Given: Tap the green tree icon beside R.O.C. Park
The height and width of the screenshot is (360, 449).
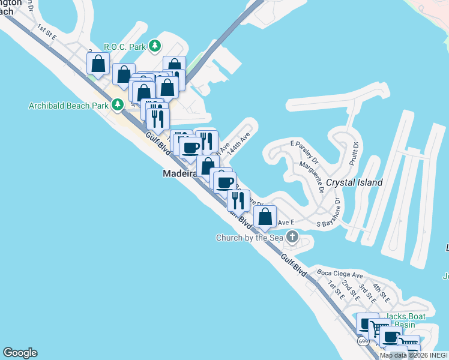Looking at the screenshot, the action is [155, 46].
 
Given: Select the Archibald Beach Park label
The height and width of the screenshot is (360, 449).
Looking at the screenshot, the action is [68, 106].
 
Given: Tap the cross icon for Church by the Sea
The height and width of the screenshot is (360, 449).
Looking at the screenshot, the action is [292, 236].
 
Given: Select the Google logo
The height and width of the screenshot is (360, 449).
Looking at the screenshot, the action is [20, 353].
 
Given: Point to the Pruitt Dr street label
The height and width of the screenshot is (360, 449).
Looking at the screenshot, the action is [354, 154].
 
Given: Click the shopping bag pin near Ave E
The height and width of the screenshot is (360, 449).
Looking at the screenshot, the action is [265, 217].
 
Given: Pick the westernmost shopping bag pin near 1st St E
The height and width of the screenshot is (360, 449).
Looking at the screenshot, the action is [98, 64].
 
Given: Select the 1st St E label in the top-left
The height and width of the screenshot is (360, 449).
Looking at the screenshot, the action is [46, 32].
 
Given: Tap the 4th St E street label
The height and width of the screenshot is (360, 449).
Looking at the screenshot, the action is [381, 292].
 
